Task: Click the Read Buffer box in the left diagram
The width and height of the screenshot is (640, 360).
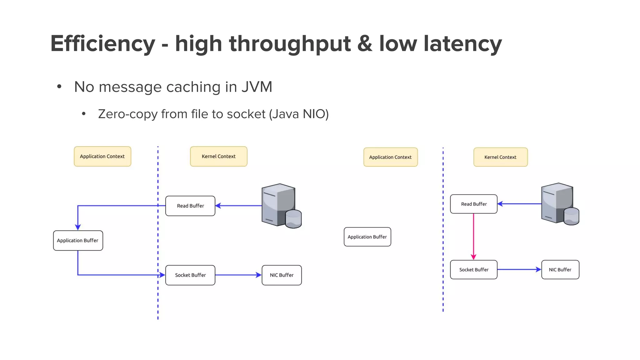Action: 190,206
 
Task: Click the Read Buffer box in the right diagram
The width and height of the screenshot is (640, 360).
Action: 474,204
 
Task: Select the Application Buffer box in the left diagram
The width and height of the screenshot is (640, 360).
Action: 78,241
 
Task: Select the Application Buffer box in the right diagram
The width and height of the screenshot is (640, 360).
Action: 367,237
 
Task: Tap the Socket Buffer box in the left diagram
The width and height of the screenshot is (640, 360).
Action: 190,275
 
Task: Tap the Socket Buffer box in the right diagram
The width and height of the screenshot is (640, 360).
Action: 474,270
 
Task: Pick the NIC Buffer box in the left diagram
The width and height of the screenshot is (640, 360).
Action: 282,275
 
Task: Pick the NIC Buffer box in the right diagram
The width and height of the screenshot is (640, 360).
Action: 560,270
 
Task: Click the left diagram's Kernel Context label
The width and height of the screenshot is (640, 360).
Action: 219,157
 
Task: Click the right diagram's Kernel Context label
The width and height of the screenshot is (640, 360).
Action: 501,157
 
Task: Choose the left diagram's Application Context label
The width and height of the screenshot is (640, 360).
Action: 102,157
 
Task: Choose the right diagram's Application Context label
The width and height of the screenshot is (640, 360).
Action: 391,157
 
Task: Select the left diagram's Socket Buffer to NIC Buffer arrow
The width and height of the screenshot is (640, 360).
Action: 238,275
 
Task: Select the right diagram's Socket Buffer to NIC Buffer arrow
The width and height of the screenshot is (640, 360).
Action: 519,270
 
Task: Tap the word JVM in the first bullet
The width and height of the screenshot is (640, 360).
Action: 257,87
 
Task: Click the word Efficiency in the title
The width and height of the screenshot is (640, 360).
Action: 103,43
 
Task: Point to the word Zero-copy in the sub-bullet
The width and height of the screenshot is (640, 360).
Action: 128,114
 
